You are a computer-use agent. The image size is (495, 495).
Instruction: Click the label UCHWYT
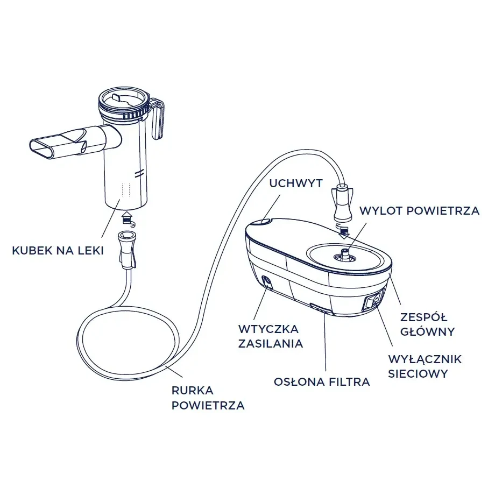296,183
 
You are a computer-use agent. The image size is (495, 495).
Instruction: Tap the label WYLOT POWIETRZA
420,211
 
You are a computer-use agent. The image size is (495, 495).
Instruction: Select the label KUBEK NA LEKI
58,251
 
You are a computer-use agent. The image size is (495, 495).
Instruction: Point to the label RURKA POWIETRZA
208,398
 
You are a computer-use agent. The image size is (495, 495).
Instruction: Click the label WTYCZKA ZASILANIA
271,336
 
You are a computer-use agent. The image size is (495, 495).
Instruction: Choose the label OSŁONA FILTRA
322,382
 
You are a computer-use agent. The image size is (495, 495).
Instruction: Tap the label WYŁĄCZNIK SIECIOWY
425,366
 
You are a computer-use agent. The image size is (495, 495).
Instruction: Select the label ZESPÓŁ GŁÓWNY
427,324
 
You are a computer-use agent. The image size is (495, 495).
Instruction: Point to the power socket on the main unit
267,282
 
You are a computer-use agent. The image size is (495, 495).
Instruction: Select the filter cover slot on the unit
321,309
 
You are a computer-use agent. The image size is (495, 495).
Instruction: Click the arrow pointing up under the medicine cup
127,216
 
